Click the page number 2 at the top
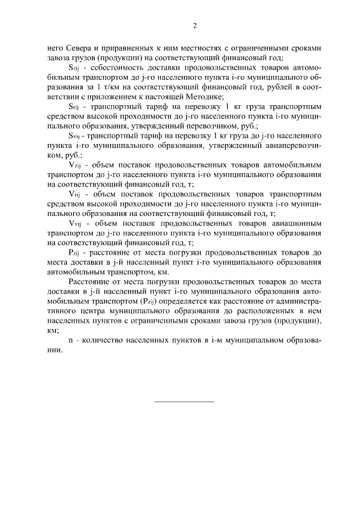click(x=195, y=25)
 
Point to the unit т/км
click(x=107, y=88)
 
